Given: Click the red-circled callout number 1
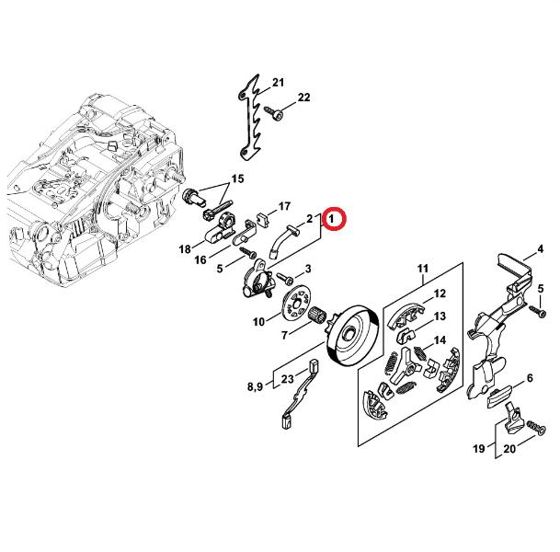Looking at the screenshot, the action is tap(332, 218).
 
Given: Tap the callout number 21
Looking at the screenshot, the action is tap(279, 83).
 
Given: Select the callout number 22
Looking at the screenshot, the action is tap(304, 98).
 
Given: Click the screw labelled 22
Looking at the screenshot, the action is tap(274, 112).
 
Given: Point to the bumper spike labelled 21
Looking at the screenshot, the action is tap(249, 118).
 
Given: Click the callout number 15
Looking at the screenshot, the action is tap(237, 178).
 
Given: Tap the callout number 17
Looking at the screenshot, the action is tap(284, 206).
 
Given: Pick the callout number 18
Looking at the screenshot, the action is tap(185, 249).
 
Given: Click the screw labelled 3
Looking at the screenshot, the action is tap(285, 279).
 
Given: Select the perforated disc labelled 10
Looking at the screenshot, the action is tap(296, 302).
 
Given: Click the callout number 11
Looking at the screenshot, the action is tap(422, 269).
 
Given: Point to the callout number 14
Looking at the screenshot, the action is tap(440, 340).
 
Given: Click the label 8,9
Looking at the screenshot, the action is tap(255, 386).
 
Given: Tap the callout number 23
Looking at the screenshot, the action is tap(288, 379).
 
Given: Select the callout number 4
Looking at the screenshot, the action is tap(540, 249).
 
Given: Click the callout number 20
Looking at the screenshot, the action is tap(509, 449).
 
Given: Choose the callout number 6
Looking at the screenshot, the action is tap(530, 377).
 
